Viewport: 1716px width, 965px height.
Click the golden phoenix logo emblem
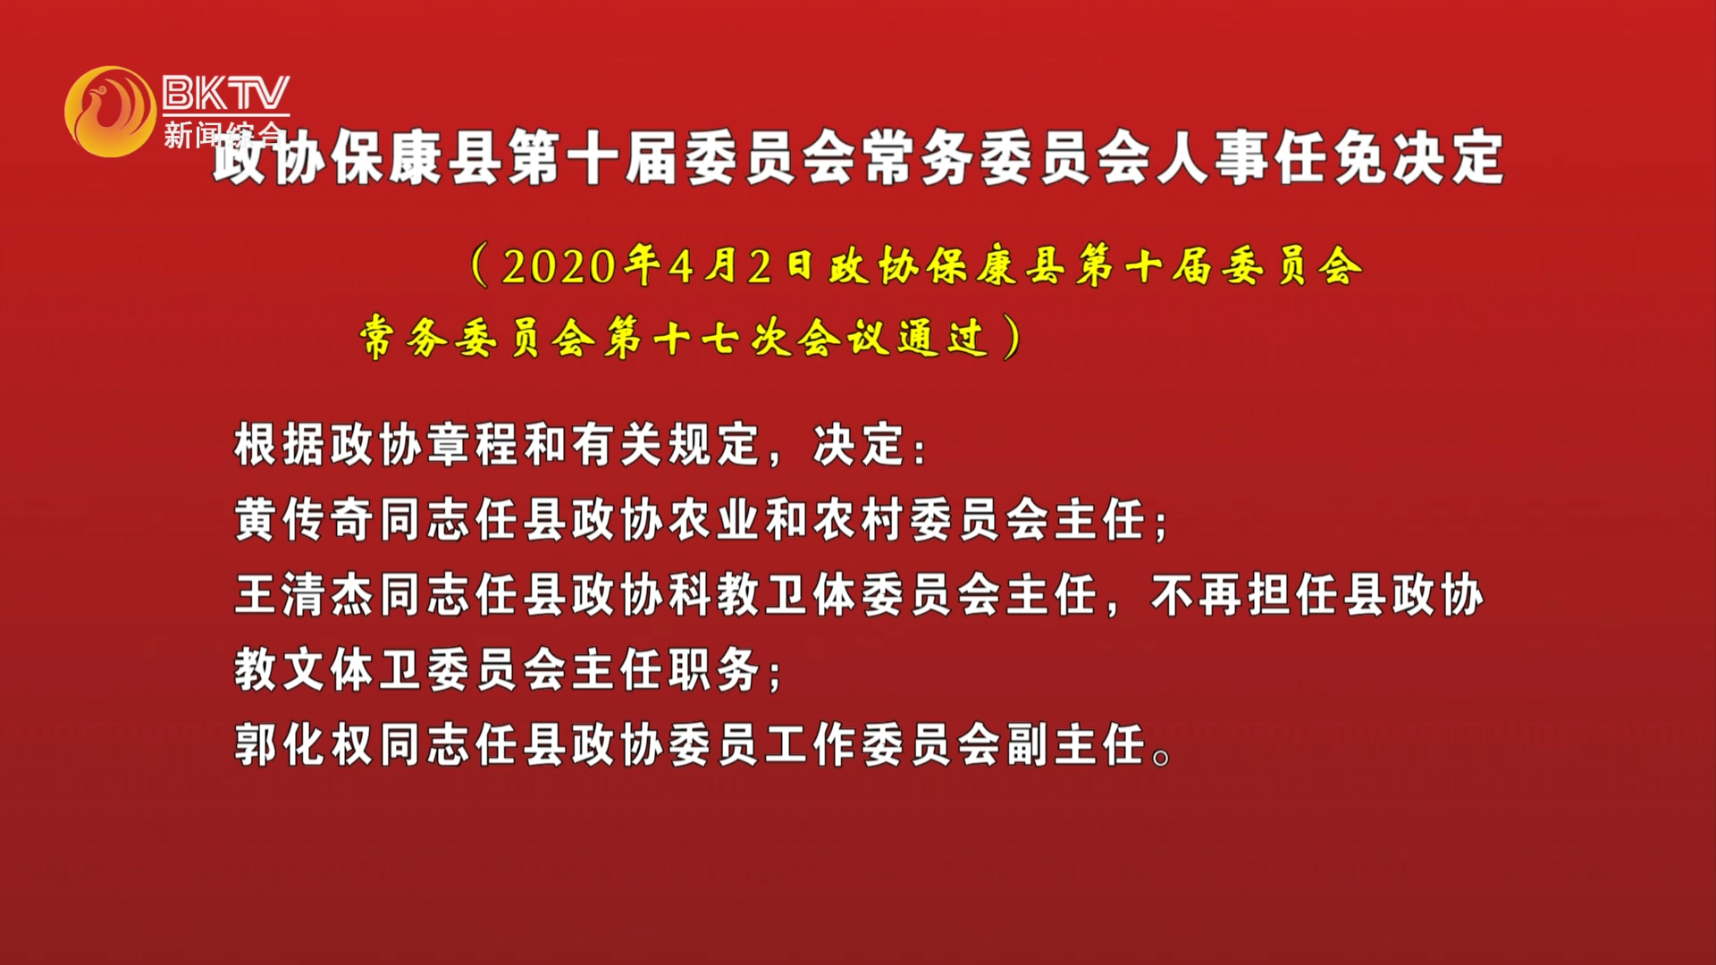click(111, 111)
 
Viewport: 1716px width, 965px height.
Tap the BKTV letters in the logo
click(226, 92)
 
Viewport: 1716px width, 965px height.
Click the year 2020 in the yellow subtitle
click(559, 266)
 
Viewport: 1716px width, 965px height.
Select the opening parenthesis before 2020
click(480, 265)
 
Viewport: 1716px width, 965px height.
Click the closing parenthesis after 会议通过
click(1011, 338)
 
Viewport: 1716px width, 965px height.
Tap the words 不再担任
click(1246, 595)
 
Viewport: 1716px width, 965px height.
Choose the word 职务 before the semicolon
click(715, 670)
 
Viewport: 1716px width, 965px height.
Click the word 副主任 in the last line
click(1077, 745)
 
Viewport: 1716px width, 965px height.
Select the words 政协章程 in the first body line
click(425, 445)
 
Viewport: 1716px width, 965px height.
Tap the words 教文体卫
click(328, 670)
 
